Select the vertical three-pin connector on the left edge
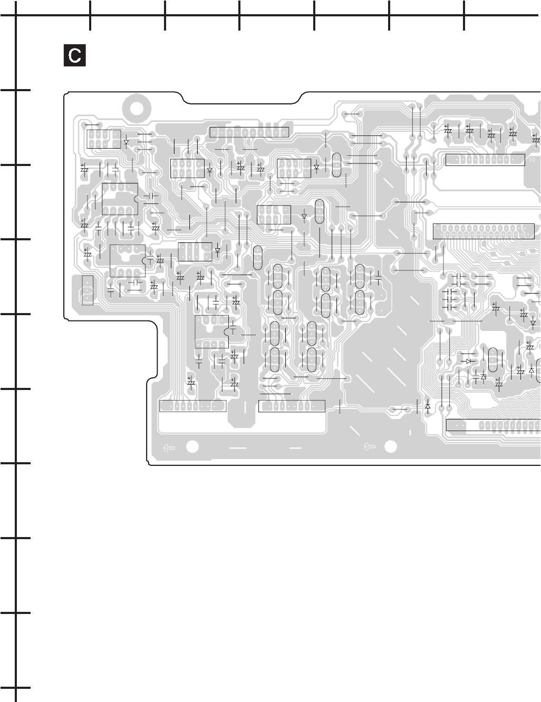pos(88,290)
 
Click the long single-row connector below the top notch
pos(249,132)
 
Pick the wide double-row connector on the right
pos(484,231)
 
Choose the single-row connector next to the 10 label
pos(485,160)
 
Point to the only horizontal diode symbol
pos(467,361)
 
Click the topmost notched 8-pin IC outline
pos(120,199)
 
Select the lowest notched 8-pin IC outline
pos(212,331)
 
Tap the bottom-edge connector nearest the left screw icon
pos(192,406)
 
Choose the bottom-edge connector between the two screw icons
pos(292,406)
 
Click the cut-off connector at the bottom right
pos(493,425)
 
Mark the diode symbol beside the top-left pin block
pos(127,142)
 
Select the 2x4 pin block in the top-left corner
pos(103,139)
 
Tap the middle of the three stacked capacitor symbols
pos(451,299)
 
